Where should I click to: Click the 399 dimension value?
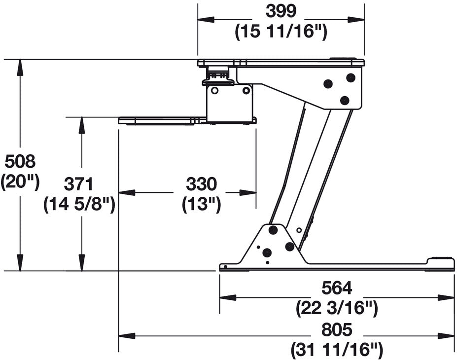tap(281, 12)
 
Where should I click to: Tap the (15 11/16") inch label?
tap(281, 32)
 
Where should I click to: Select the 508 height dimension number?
tap(20, 161)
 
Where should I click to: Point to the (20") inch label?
tap(20, 182)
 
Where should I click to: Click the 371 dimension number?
tap(79, 184)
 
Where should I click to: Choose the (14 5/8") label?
tap(79, 205)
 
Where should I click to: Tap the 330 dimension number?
tap(202, 184)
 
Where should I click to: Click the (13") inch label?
tap(202, 205)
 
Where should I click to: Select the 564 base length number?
tap(337, 288)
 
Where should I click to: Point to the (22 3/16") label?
tap(337, 308)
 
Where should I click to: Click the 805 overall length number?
tap(337, 330)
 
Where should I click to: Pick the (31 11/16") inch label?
tap(337, 349)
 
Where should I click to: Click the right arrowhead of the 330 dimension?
tap(248, 192)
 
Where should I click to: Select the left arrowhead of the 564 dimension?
tap(228, 297)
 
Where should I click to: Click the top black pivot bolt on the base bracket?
tap(273, 230)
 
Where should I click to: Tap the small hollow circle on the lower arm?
tap(299, 230)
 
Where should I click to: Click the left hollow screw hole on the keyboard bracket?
tap(215, 91)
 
